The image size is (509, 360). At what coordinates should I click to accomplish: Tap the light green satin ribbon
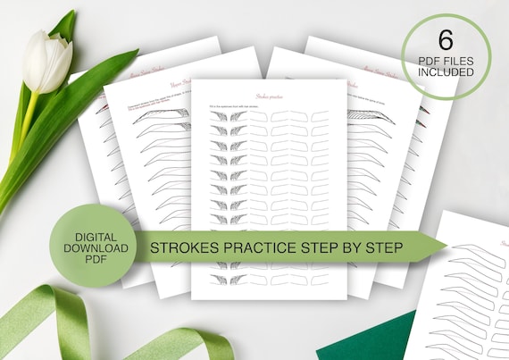click(54, 322)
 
